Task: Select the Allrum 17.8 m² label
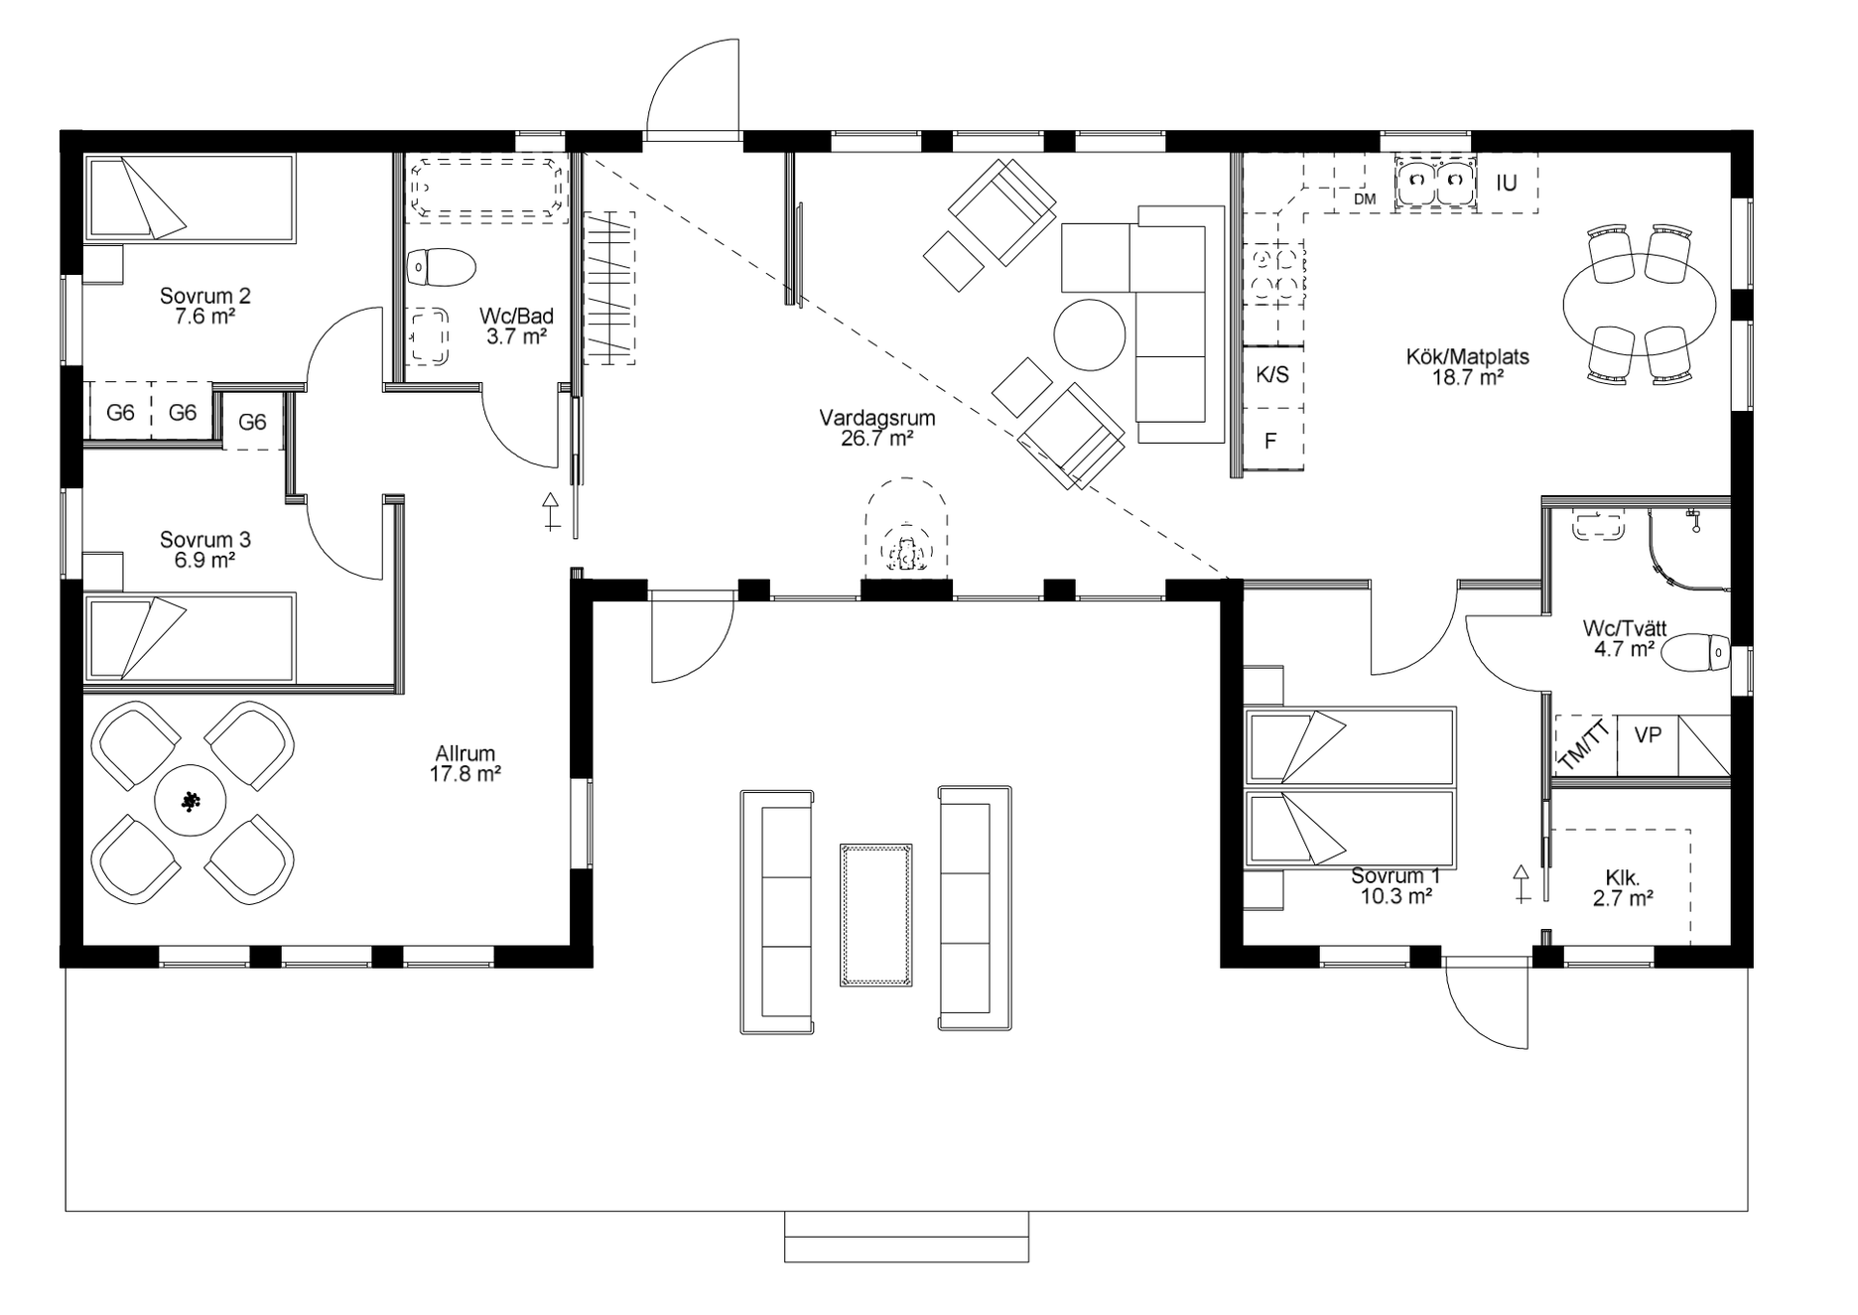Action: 464,764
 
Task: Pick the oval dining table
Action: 1639,305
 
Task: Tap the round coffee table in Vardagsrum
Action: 1090,334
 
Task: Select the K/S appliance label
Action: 1272,375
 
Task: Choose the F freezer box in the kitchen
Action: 1270,440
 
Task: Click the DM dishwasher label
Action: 1365,198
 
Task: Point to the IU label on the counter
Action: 1507,183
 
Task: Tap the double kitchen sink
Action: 1435,180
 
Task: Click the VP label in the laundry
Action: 1648,736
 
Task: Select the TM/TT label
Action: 1584,744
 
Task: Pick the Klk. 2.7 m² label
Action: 1623,888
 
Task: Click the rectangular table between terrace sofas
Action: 875,915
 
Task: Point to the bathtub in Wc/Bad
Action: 486,189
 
